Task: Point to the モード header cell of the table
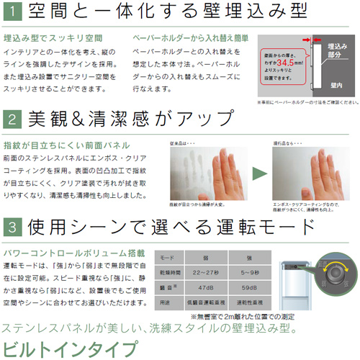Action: click(x=166, y=256)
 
